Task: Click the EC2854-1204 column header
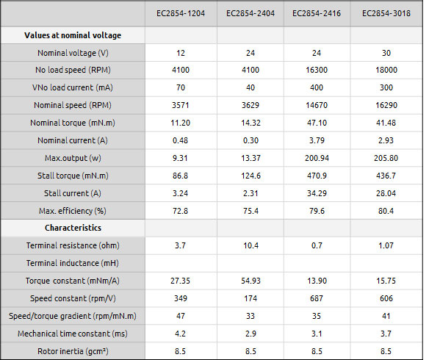[181, 13]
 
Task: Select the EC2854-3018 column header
[386, 13]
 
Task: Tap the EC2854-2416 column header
[317, 13]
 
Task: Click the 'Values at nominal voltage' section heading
[73, 35]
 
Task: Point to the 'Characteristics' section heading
[73, 228]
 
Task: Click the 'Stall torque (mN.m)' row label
[73, 176]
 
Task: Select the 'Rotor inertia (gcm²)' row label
[73, 351]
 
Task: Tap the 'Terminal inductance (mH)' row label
[73, 263]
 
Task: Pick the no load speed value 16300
[317, 70]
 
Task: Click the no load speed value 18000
[386, 70]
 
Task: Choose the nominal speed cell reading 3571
[180, 105]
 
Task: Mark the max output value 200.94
[317, 158]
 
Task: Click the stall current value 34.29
[317, 193]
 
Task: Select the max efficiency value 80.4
[386, 211]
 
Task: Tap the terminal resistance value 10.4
[251, 245]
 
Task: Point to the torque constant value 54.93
[251, 281]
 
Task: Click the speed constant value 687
[317, 298]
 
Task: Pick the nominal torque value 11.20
[180, 123]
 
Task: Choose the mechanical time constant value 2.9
[250, 334]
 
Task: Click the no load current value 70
[181, 87]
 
